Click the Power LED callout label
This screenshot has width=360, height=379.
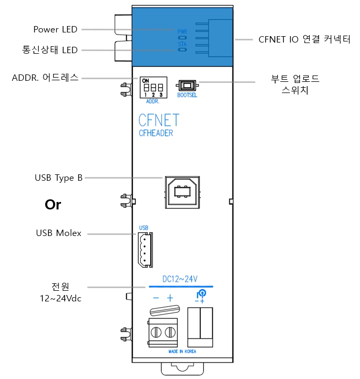coord(55,29)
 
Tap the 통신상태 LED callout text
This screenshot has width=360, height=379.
coord(50,50)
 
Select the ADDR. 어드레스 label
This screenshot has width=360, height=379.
coord(45,78)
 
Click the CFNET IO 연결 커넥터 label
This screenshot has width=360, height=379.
coord(304,39)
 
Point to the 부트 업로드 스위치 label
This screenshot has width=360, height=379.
coord(295,85)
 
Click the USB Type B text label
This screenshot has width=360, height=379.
coord(58,178)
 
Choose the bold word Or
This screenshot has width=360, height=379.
coord(53,205)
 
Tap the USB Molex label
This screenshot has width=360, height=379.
coord(58,233)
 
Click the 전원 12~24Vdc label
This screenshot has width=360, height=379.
coord(61,292)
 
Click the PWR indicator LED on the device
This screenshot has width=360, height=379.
coord(182,38)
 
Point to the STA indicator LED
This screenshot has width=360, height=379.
coord(182,50)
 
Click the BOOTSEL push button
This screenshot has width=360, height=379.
coord(187,86)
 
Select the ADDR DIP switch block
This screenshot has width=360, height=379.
coord(153,87)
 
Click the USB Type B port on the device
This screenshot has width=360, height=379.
coord(182,192)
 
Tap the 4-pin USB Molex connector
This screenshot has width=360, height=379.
coord(145,250)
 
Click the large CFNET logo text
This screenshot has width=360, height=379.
coord(159,120)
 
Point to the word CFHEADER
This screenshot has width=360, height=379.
coord(156,133)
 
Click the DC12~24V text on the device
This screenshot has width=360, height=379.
coord(180,279)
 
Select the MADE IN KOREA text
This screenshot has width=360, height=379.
coord(182,351)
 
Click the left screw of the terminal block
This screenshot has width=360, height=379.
coord(156,332)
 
